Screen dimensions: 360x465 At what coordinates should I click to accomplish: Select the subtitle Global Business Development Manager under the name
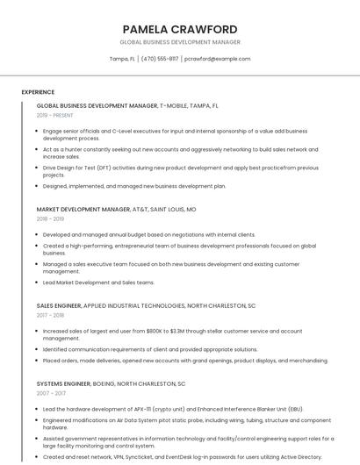pos(180,42)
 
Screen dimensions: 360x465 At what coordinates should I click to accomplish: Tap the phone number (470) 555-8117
pos(160,59)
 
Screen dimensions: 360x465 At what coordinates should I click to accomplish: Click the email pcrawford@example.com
pos(217,59)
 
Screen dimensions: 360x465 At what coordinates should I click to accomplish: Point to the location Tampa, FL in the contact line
pos(122,59)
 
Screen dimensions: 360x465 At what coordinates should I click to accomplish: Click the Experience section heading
pos(38,92)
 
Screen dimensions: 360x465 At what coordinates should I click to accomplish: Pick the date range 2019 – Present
pos(55,115)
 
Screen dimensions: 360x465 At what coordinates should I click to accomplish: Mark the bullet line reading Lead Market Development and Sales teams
pos(98,283)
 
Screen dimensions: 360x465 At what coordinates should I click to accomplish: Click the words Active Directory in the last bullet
pos(296,456)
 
